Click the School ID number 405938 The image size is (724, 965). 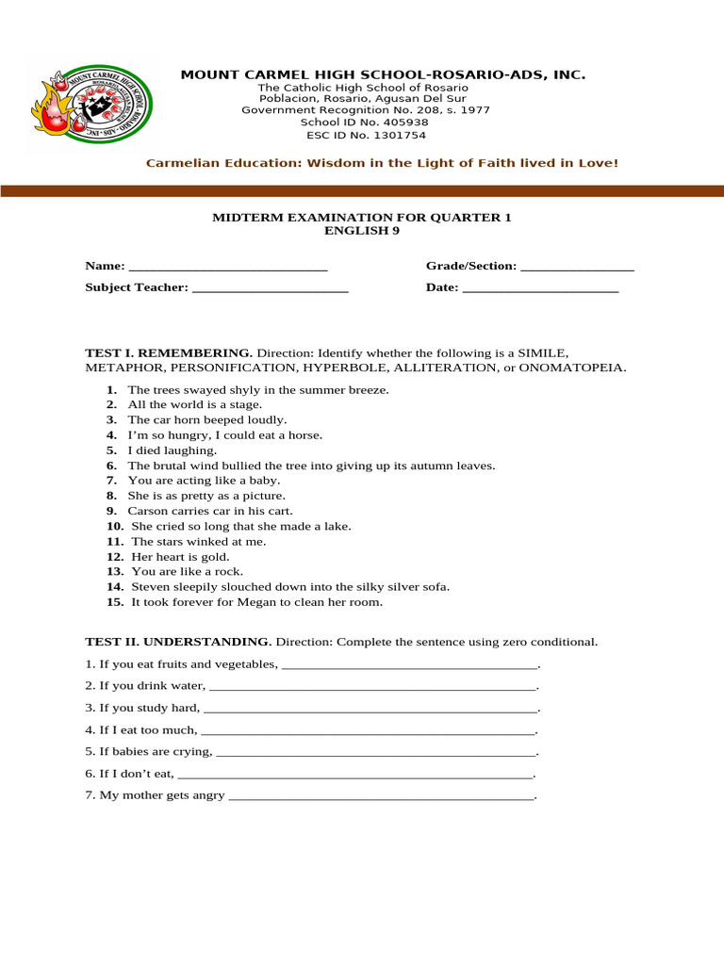click(x=404, y=123)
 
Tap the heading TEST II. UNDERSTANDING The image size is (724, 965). click(x=178, y=642)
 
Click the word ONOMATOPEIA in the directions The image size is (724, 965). click(x=571, y=367)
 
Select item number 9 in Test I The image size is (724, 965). click(x=110, y=511)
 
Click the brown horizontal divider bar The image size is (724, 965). click(x=362, y=191)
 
